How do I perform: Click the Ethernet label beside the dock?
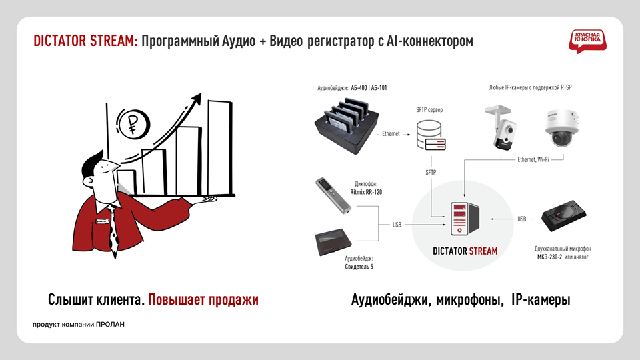(x=391, y=134)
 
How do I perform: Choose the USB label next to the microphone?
(x=522, y=219)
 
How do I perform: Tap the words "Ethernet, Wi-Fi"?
(x=533, y=159)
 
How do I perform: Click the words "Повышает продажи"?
(x=203, y=299)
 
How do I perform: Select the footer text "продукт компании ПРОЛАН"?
(x=79, y=325)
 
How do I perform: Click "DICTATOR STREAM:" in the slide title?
(x=86, y=41)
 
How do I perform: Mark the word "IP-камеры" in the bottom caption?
(x=541, y=299)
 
